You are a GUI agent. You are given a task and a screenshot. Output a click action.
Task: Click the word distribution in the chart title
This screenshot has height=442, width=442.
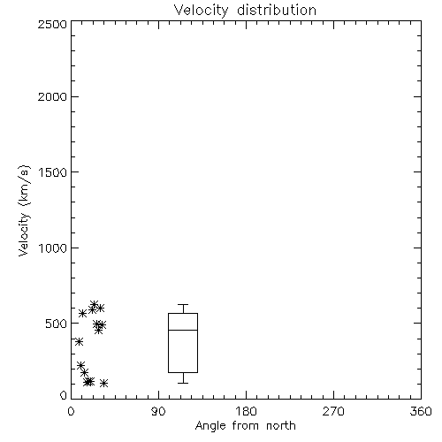(277, 10)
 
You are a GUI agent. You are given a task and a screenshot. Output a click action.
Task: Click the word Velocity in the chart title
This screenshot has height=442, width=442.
(201, 11)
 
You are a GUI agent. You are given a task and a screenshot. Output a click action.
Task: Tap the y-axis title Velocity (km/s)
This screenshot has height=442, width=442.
(24, 211)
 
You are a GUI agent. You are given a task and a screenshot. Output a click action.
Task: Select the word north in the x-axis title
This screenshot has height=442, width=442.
(281, 425)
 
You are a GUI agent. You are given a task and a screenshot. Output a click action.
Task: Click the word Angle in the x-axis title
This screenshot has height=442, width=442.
(210, 426)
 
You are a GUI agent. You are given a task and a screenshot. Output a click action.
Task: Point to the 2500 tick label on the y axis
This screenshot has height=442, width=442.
(52, 24)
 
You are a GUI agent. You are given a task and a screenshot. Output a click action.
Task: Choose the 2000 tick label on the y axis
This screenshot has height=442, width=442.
(52, 96)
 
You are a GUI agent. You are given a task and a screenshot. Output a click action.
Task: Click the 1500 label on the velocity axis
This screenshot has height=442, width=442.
(53, 172)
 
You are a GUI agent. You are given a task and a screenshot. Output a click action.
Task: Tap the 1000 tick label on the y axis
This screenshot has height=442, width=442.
(53, 248)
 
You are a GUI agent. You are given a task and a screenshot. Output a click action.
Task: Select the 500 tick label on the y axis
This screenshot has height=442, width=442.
(57, 324)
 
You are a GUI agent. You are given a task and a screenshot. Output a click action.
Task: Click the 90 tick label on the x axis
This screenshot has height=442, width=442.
(158, 411)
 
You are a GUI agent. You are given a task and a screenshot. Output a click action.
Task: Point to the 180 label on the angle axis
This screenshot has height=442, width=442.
(246, 411)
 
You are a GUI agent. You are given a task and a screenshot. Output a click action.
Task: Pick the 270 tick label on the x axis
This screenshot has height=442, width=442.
(333, 411)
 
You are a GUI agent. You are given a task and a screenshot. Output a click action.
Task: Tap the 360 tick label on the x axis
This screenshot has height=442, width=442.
(421, 411)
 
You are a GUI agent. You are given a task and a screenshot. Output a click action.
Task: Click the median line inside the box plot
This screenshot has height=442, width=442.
(183, 330)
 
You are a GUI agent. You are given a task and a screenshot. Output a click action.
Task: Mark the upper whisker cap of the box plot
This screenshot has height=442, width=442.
(183, 304)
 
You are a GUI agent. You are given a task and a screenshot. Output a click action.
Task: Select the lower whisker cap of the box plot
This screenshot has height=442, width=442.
(183, 383)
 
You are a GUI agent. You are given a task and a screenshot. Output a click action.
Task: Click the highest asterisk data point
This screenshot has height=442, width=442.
(95, 304)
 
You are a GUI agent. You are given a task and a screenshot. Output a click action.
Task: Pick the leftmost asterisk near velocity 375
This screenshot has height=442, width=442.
(79, 342)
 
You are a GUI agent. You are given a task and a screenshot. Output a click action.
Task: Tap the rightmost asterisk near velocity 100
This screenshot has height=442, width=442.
(103, 383)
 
